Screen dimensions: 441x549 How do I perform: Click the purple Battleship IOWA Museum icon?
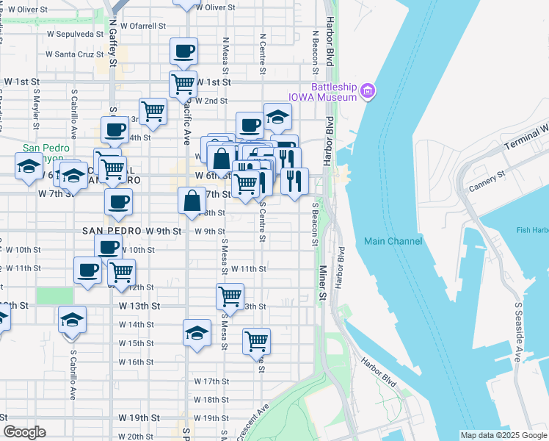[x=368, y=92]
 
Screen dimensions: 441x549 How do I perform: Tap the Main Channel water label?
[x=390, y=241]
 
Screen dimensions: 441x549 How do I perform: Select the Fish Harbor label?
[x=532, y=230]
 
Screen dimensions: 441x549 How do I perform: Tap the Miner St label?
[x=322, y=284]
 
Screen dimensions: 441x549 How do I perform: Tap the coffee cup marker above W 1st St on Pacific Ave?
[x=183, y=52]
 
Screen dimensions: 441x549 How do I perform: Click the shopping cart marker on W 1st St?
[x=182, y=83]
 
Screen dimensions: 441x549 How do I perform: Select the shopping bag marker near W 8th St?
[x=192, y=201]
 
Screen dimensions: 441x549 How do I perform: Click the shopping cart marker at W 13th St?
[x=230, y=296]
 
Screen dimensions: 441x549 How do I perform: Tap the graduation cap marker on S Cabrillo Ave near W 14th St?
[x=72, y=320]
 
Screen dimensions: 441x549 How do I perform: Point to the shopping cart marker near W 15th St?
[x=256, y=340]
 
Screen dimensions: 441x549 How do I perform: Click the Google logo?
[x=24, y=432]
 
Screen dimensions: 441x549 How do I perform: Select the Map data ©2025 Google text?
[x=503, y=435]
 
